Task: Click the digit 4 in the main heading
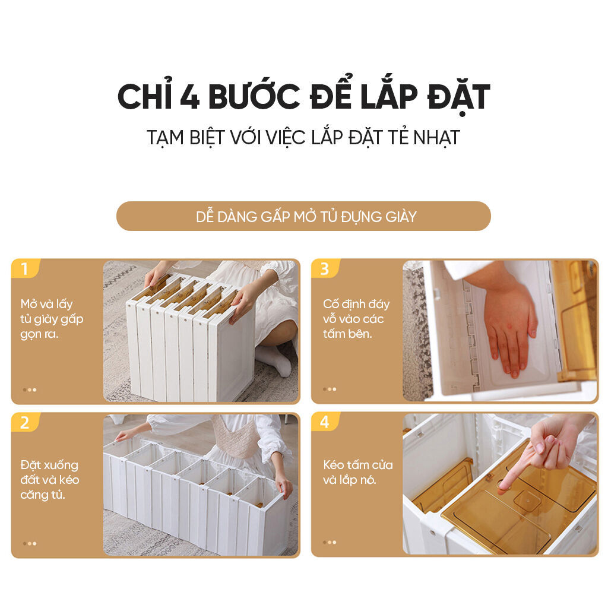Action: pyautogui.click(x=190, y=97)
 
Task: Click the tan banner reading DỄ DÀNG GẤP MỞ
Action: pyautogui.click(x=303, y=216)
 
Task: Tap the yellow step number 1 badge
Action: pyautogui.click(x=25, y=268)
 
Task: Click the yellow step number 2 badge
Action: pyautogui.click(x=25, y=422)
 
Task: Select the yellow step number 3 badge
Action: pyautogui.click(x=325, y=268)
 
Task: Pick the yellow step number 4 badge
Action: pyautogui.click(x=325, y=422)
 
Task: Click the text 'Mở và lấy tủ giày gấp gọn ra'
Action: pyautogui.click(x=52, y=319)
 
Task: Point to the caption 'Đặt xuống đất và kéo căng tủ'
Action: pyautogui.click(x=50, y=480)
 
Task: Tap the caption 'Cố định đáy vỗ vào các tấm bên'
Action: pyautogui.click(x=356, y=319)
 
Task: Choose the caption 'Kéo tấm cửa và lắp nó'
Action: pyautogui.click(x=358, y=472)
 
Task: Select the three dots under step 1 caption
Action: pyautogui.click(x=30, y=389)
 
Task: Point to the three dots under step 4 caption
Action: pyautogui.click(x=330, y=543)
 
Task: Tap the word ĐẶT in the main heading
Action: pyautogui.click(x=459, y=97)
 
